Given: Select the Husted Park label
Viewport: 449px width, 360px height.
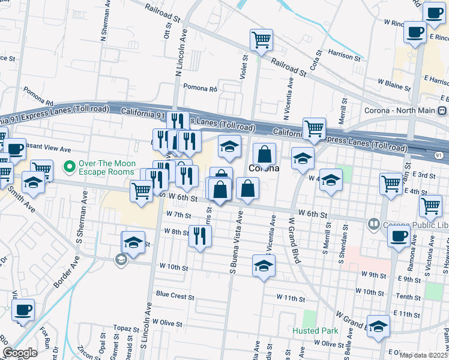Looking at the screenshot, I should click(315, 331).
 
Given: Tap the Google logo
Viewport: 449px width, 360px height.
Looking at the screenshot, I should click(20, 353).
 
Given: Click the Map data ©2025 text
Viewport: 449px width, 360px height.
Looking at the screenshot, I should click(424, 355).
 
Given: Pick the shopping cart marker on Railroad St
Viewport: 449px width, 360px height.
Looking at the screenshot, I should click(261, 41).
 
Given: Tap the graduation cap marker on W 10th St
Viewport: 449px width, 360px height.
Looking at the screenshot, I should click(263, 265).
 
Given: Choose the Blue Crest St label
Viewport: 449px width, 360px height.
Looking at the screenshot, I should click(175, 296).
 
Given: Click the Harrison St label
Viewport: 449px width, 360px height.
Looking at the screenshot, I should click(344, 58).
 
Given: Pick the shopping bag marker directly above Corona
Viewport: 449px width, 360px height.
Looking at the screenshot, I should click(264, 154).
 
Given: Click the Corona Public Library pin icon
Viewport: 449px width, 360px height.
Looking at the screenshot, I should click(373, 224).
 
